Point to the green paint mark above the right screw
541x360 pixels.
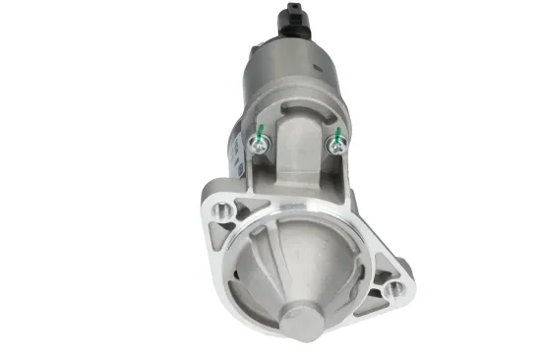click(336, 132)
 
